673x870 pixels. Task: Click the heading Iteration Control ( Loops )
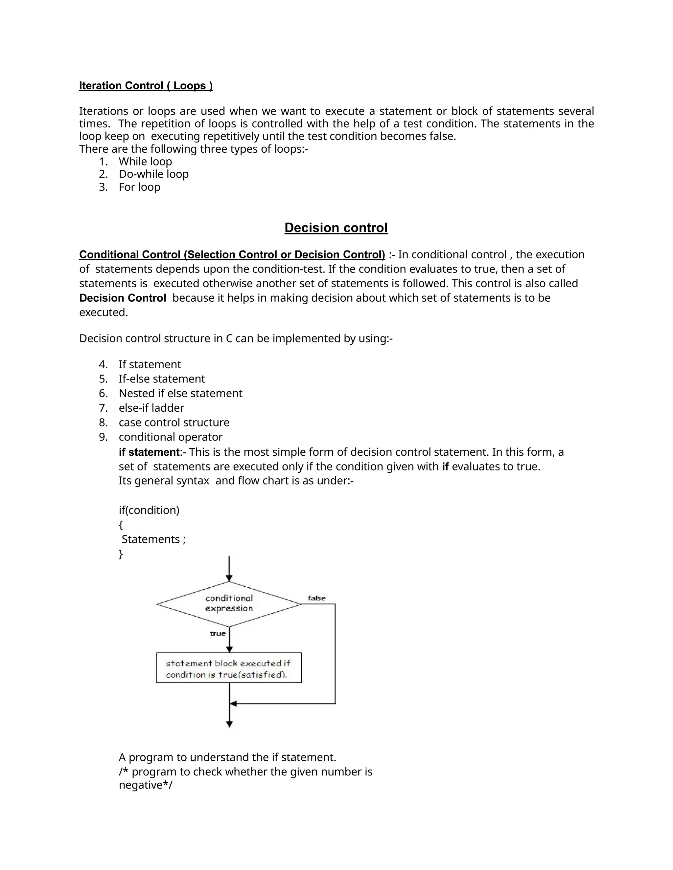tap(146, 86)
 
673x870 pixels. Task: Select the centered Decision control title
tap(336, 228)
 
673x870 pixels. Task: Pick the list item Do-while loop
tap(153, 174)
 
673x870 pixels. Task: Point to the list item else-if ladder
tap(151, 408)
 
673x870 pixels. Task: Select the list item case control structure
tap(174, 422)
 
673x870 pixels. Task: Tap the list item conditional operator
tap(170, 437)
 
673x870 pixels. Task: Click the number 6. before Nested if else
tap(103, 394)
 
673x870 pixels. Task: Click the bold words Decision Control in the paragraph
tap(122, 298)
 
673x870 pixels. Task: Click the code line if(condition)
tap(149, 510)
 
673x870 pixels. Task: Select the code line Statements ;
tap(153, 539)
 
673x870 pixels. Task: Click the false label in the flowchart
tap(316, 598)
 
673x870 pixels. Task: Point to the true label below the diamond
tap(218, 633)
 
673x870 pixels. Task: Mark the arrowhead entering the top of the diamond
tap(229, 578)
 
